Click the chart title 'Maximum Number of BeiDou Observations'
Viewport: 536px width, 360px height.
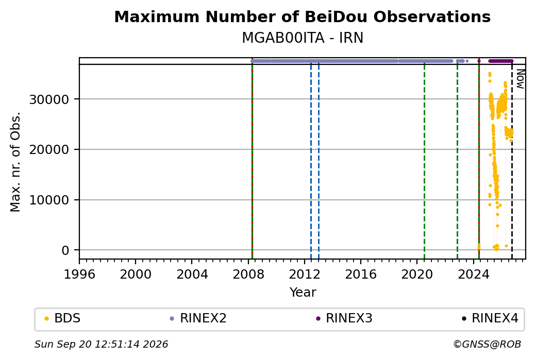(x=302, y=16)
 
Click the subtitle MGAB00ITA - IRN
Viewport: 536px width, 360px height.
(x=302, y=38)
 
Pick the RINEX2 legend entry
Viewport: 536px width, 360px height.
(x=198, y=318)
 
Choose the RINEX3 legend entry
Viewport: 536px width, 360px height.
(x=344, y=318)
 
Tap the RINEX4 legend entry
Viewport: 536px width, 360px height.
(x=490, y=318)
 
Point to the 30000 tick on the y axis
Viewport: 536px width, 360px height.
(x=49, y=100)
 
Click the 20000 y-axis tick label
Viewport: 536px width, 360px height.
(x=49, y=149)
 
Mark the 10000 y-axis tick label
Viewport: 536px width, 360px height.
(x=49, y=200)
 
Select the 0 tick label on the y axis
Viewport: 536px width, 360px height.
(x=65, y=251)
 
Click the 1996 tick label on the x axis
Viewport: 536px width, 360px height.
(x=79, y=275)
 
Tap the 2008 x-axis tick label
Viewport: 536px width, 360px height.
(x=248, y=275)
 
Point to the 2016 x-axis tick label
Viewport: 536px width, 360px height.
(x=361, y=275)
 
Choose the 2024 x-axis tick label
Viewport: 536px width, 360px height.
(x=474, y=275)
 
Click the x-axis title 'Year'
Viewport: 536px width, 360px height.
(x=303, y=293)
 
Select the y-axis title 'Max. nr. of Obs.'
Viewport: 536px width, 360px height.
(x=15, y=162)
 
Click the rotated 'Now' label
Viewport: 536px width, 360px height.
(x=520, y=79)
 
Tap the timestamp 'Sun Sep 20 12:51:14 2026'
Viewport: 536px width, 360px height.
(x=101, y=344)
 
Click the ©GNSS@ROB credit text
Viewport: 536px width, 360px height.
(x=487, y=344)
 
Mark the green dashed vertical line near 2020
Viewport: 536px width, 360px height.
(x=424, y=162)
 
